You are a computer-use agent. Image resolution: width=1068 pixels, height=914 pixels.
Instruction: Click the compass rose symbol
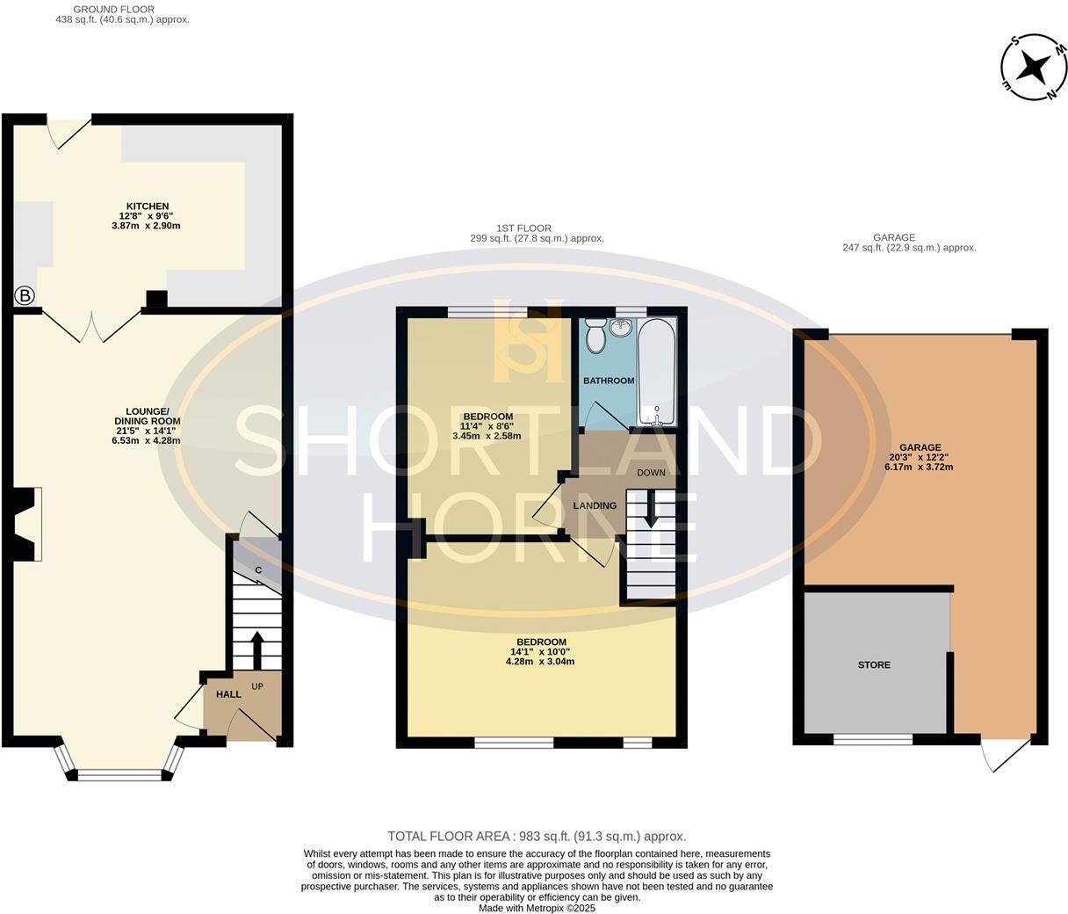point(1035,67)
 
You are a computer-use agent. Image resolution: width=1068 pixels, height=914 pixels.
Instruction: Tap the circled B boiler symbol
point(25,296)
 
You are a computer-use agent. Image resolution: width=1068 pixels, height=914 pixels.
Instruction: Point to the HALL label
point(228,694)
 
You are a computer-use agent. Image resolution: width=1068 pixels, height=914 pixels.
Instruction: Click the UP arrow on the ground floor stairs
point(257,649)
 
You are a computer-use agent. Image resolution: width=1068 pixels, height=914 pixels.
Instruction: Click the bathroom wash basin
point(622,327)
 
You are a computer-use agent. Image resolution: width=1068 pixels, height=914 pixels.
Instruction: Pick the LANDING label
point(595,506)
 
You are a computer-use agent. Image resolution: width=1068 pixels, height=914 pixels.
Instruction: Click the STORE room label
point(874,665)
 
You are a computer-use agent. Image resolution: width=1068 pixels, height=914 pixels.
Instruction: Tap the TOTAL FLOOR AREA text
point(537,837)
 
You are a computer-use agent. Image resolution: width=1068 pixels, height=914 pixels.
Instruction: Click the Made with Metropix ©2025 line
point(537,909)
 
